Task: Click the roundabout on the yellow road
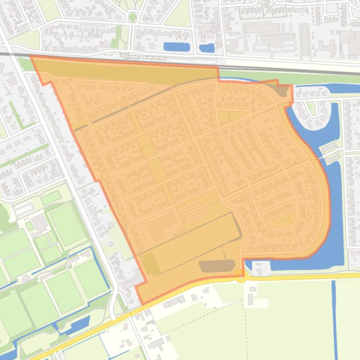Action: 241,277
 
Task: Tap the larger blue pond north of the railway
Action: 177,47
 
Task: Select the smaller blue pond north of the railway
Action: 207,48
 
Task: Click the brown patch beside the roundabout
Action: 217,266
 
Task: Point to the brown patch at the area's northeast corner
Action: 281,90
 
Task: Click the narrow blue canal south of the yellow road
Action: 334,318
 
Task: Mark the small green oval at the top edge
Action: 133,17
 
